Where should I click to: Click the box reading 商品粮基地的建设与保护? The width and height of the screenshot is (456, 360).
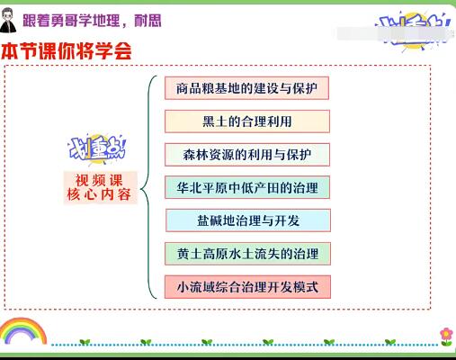[x=247, y=88]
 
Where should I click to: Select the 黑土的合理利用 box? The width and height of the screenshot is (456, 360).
[x=247, y=121]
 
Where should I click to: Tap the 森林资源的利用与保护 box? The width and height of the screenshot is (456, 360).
[x=247, y=154]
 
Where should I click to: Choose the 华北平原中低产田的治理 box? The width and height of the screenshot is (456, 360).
[x=247, y=187]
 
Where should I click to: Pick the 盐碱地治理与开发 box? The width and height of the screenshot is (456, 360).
[x=247, y=220]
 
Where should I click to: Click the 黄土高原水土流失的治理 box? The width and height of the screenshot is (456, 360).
[x=247, y=254]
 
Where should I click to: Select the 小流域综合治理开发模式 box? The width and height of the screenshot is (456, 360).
[x=247, y=287]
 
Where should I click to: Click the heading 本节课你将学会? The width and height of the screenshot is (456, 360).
[x=67, y=52]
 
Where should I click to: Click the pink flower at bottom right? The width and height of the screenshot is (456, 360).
[x=445, y=336]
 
